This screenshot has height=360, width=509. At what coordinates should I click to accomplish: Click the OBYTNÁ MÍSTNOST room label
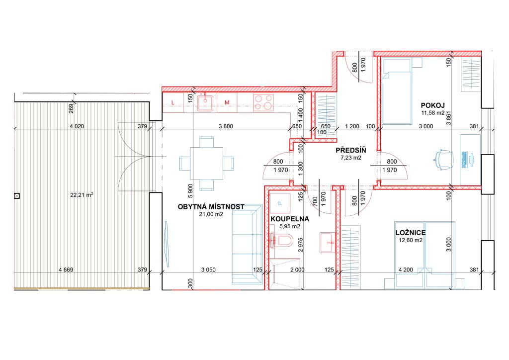pyautogui.click(x=211, y=207)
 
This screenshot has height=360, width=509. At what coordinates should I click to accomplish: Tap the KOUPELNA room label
pyautogui.click(x=290, y=219)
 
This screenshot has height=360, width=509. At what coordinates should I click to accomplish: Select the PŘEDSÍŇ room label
pyautogui.click(x=351, y=150)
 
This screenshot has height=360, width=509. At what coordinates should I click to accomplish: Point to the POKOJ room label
pyautogui.click(x=433, y=105)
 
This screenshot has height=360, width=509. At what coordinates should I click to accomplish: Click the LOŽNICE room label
pyautogui.click(x=411, y=233)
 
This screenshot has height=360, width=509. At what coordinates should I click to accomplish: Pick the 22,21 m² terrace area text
pyautogui.click(x=82, y=195)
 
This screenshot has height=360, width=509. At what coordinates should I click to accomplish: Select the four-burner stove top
pyautogui.click(x=263, y=102)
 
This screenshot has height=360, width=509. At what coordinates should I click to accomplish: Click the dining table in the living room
pyautogui.click(x=206, y=163)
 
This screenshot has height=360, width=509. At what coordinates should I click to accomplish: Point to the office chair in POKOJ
pyautogui.click(x=443, y=160)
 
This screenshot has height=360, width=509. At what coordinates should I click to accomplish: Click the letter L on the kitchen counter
pyautogui.click(x=172, y=102)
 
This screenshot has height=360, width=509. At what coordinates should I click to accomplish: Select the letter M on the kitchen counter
pyautogui.click(x=227, y=102)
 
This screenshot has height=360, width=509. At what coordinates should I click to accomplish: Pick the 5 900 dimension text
pyautogui.click(x=190, y=191)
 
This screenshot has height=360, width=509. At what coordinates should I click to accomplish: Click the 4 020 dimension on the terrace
pyautogui.click(x=77, y=126)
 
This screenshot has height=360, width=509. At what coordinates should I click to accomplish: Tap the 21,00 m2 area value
pyautogui.click(x=211, y=214)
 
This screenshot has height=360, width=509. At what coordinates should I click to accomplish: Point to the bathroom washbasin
pyautogui.click(x=327, y=242)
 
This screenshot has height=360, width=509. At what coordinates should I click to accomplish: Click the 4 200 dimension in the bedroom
pyautogui.click(x=406, y=270)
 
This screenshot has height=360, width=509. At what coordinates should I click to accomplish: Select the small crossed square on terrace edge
pyautogui.click(x=17, y=196)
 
